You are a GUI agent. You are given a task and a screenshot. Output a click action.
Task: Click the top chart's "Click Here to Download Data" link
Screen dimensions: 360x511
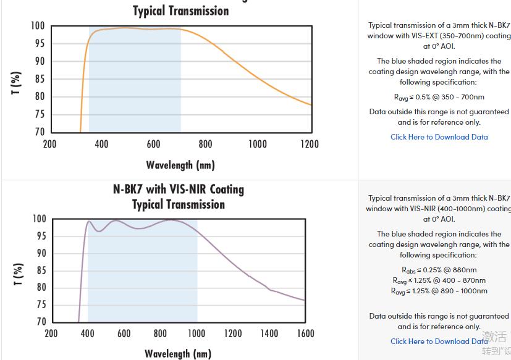(x=439, y=137)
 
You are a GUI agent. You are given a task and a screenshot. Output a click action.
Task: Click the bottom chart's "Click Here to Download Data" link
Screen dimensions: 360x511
(x=439, y=341)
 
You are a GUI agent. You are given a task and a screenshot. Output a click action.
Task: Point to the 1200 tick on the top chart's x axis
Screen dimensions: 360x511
(x=310, y=144)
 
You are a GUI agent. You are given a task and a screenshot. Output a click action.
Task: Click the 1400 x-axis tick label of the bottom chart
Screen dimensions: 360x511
(x=269, y=333)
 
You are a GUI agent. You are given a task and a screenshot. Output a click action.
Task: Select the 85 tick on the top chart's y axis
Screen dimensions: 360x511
(x=38, y=78)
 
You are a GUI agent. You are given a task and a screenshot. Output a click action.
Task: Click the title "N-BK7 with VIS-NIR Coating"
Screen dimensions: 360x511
(x=178, y=189)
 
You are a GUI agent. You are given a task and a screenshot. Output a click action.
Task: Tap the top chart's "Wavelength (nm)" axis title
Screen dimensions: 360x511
(x=180, y=165)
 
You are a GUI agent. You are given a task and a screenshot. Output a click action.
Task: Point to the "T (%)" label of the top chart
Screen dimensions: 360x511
(x=17, y=83)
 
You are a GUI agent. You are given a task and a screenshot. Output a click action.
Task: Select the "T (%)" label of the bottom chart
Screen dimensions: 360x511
(x=19, y=274)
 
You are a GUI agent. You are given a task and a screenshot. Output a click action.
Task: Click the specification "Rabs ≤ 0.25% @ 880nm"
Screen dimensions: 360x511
(x=439, y=270)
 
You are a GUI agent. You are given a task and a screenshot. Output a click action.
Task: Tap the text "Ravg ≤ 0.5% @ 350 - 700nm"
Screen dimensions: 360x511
(x=439, y=97)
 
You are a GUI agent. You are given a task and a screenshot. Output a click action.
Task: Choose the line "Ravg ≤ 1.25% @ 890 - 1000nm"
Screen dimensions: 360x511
(x=439, y=291)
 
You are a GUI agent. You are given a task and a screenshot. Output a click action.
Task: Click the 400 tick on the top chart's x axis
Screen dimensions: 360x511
(x=101, y=144)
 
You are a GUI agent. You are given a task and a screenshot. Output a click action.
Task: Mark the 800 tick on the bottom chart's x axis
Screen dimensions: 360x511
(x=160, y=333)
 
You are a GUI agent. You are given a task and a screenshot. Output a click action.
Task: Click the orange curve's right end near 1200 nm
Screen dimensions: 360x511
(x=310, y=104)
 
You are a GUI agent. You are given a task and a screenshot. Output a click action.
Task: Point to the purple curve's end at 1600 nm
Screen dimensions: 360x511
(x=304, y=301)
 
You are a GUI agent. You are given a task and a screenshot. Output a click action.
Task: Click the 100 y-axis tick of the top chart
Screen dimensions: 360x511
(x=37, y=26)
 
